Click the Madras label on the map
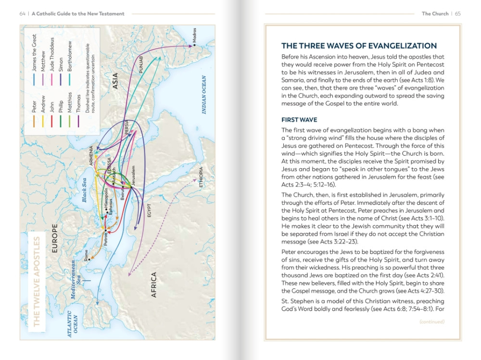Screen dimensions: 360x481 click(x=194, y=37)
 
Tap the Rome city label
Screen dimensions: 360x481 click(x=87, y=254)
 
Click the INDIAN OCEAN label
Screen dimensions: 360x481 click(x=204, y=95)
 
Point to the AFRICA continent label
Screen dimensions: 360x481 click(x=154, y=285)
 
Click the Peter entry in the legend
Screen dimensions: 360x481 click(x=34, y=106)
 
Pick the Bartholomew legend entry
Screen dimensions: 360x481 click(x=69, y=57)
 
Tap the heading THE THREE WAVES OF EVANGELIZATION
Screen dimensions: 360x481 click(x=359, y=46)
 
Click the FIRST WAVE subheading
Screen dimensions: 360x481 click(x=299, y=120)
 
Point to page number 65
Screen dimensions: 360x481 click(x=457, y=14)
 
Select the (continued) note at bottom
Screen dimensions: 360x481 click(x=432, y=322)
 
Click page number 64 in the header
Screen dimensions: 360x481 click(x=23, y=14)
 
